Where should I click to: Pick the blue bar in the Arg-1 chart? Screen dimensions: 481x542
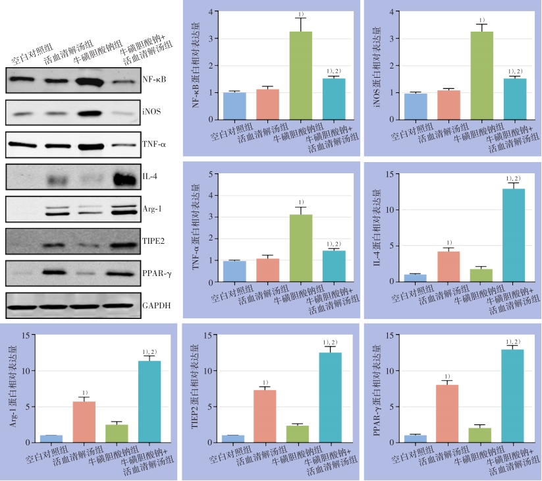point(51,439)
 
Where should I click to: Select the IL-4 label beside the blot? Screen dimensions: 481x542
point(150,176)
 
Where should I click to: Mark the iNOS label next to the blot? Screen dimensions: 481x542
point(151,111)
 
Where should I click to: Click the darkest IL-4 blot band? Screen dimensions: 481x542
point(120,177)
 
